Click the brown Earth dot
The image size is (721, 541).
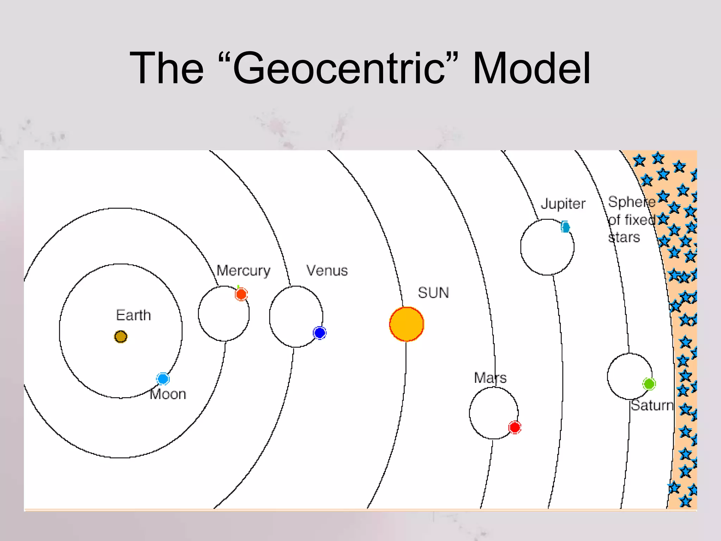point(121,337)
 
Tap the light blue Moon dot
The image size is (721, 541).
point(163,379)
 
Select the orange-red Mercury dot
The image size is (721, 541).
point(241,294)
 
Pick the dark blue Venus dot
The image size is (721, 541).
point(320,333)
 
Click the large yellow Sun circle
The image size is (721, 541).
point(407,324)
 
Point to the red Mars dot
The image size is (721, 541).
point(515,427)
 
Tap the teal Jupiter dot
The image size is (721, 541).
point(565,227)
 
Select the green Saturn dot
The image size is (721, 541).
point(649,384)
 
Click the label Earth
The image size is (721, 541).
point(133,315)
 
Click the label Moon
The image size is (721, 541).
point(168,394)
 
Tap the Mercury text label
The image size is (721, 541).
point(243,271)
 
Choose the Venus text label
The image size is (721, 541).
point(327,270)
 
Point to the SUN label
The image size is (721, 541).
point(433,293)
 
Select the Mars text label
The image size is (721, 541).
point(490,378)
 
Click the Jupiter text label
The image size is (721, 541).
point(563,204)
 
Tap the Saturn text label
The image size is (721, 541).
point(652,405)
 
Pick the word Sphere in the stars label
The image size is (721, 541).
point(631,202)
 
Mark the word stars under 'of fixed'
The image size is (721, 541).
point(624,237)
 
